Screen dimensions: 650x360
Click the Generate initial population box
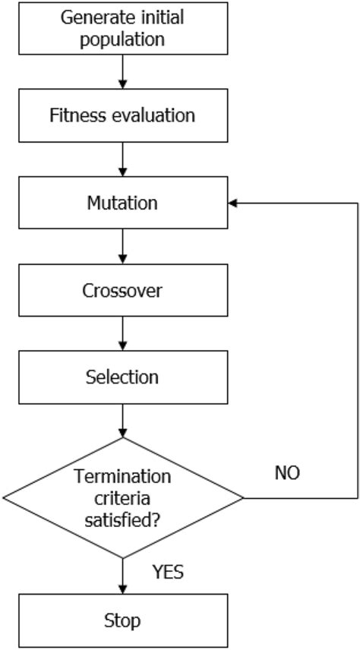coord(122,29)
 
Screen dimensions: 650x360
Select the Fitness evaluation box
coord(122,116)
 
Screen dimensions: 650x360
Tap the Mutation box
coord(122,204)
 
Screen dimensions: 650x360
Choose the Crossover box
coord(122,291)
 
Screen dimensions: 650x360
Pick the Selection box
coord(122,377)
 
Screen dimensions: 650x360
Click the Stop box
coord(122,622)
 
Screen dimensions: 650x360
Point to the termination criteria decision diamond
coord(122,499)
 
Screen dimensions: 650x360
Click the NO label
coord(286,473)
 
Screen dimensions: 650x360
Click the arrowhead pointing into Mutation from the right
coord(233,204)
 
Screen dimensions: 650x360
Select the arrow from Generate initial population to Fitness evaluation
coord(122,72)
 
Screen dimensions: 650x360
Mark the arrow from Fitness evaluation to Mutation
coord(122,159)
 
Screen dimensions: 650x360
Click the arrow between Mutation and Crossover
coord(122,247)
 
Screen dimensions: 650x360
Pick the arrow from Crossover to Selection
coord(122,334)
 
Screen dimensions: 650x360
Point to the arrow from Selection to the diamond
coord(122,421)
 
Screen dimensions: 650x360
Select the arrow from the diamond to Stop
coord(122,577)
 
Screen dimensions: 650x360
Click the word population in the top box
coord(122,39)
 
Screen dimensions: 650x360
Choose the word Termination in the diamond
coord(122,478)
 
